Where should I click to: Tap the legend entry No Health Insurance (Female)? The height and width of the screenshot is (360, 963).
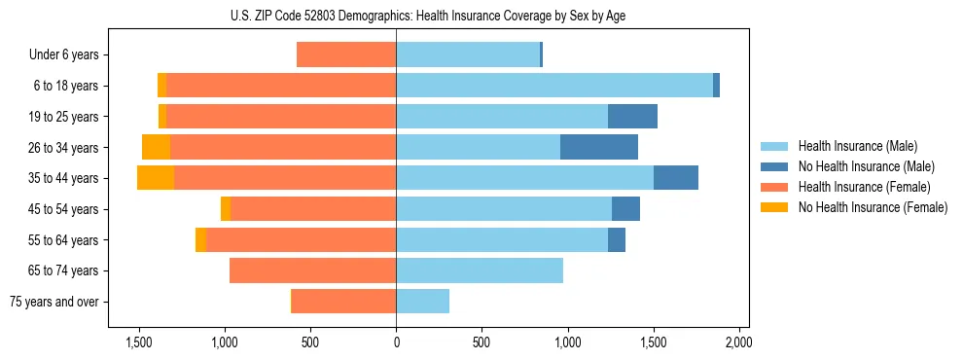coord(872,207)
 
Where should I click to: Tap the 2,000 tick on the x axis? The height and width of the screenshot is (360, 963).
coord(738,342)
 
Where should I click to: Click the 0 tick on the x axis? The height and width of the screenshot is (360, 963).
coord(396,342)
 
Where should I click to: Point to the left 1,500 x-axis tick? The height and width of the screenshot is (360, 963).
coord(139,342)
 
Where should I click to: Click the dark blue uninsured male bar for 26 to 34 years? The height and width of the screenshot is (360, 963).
coord(599,147)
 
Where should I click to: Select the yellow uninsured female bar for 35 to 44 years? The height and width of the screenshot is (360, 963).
coord(156,178)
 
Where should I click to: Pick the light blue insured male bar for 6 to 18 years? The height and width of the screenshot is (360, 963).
coord(554,86)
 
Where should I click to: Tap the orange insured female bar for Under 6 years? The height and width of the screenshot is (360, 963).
coord(346,55)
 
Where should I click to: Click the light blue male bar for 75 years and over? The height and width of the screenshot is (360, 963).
coord(422,302)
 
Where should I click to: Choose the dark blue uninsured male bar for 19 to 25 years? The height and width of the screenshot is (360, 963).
coord(632,117)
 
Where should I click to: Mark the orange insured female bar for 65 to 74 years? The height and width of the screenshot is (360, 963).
coord(312,270)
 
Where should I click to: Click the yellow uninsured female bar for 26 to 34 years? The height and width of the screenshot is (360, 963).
coord(156,147)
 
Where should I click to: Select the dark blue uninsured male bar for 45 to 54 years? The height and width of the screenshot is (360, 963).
coord(625,209)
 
